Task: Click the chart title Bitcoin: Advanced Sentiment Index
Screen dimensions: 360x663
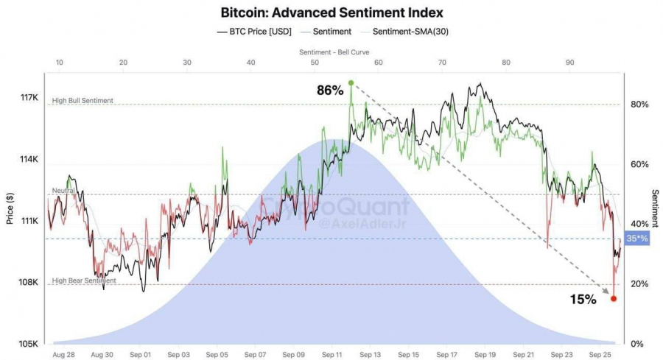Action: [331, 13]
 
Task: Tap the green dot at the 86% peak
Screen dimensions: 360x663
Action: [351, 82]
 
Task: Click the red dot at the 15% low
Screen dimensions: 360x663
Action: [614, 298]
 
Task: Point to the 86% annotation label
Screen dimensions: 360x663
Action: [330, 91]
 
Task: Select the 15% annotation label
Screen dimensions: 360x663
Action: [583, 299]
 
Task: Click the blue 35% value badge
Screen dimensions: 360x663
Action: [636, 239]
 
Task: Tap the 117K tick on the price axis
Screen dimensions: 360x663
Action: [29, 97]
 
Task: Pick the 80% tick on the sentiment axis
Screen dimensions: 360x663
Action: [640, 105]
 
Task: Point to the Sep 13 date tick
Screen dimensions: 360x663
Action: [371, 354]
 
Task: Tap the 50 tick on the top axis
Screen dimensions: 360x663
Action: [315, 63]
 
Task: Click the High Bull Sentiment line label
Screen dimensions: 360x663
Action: [83, 100]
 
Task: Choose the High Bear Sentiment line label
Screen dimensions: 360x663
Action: [84, 280]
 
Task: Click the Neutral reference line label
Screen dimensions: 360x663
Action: [64, 191]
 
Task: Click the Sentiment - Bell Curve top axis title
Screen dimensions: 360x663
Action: [334, 52]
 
